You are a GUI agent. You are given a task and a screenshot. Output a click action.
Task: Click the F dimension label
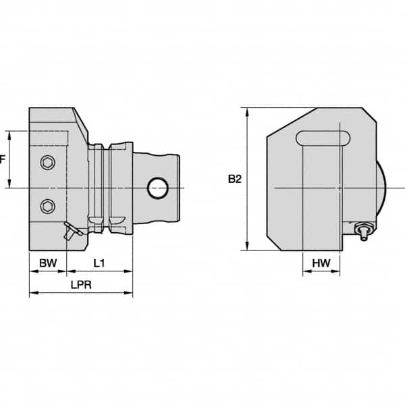(x=3, y=160)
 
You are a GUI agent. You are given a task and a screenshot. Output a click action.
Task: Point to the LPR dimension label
(x=80, y=285)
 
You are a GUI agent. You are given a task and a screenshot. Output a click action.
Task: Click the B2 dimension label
(x=234, y=179)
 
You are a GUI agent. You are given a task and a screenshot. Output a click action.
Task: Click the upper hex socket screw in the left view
(x=47, y=163)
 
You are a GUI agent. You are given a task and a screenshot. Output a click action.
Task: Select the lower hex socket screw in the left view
(x=47, y=205)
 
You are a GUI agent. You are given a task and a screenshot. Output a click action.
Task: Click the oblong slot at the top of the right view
(x=323, y=138)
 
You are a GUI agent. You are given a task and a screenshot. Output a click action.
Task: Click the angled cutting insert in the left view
(x=71, y=230)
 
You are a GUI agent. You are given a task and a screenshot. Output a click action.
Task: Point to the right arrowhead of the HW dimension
(x=341, y=274)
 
